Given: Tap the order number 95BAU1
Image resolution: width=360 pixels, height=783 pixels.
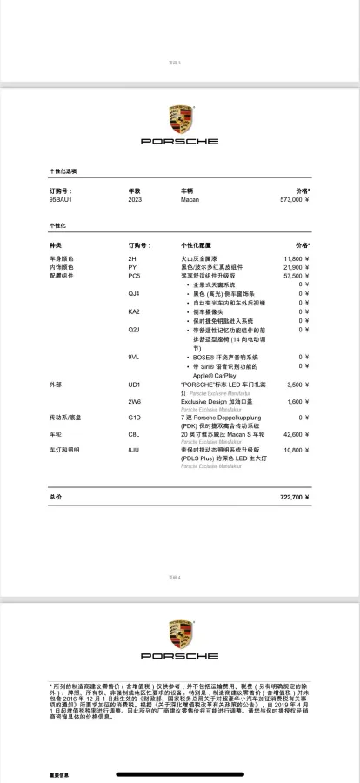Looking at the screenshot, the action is pos(61,199).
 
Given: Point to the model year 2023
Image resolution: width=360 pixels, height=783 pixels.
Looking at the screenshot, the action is pos(135,199).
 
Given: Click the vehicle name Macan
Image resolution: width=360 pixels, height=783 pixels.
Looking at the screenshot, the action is pos(190,199).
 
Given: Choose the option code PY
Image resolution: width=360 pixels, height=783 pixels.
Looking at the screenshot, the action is pos(132,267).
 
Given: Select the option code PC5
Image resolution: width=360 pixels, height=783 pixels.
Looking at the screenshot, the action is pos(134,276).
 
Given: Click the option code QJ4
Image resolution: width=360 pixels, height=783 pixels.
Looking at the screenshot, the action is pos(134,293).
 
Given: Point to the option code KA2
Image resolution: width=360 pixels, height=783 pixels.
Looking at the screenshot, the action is pos(134,311).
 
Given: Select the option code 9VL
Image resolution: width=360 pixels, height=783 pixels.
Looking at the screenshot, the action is pos(134,357).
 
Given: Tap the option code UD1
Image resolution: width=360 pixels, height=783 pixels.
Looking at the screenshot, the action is pos(134,384).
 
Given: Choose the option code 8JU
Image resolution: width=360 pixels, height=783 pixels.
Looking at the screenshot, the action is pos(134,450).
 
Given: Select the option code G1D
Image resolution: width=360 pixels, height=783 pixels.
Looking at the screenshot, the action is pos(134,418).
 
